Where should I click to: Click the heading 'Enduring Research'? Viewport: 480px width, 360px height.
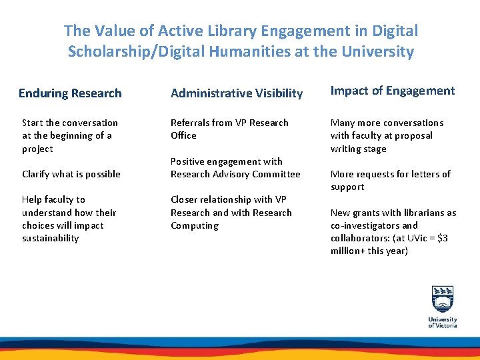click(70, 93)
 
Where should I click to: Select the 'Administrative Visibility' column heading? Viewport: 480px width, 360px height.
click(237, 93)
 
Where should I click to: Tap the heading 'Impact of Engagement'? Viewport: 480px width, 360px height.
click(393, 91)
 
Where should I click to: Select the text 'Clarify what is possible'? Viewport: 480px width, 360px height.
click(71, 174)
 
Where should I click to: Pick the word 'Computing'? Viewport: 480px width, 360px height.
click(195, 225)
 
